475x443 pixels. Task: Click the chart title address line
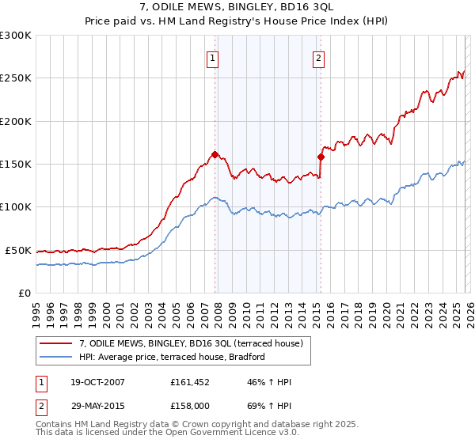pyautogui.click(x=237, y=8)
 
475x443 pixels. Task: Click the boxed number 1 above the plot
pyautogui.click(x=214, y=57)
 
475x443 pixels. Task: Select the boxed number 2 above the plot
pyautogui.click(x=318, y=57)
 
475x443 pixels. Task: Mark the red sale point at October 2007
pyautogui.click(x=215, y=154)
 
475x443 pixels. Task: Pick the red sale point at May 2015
pyautogui.click(x=321, y=157)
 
